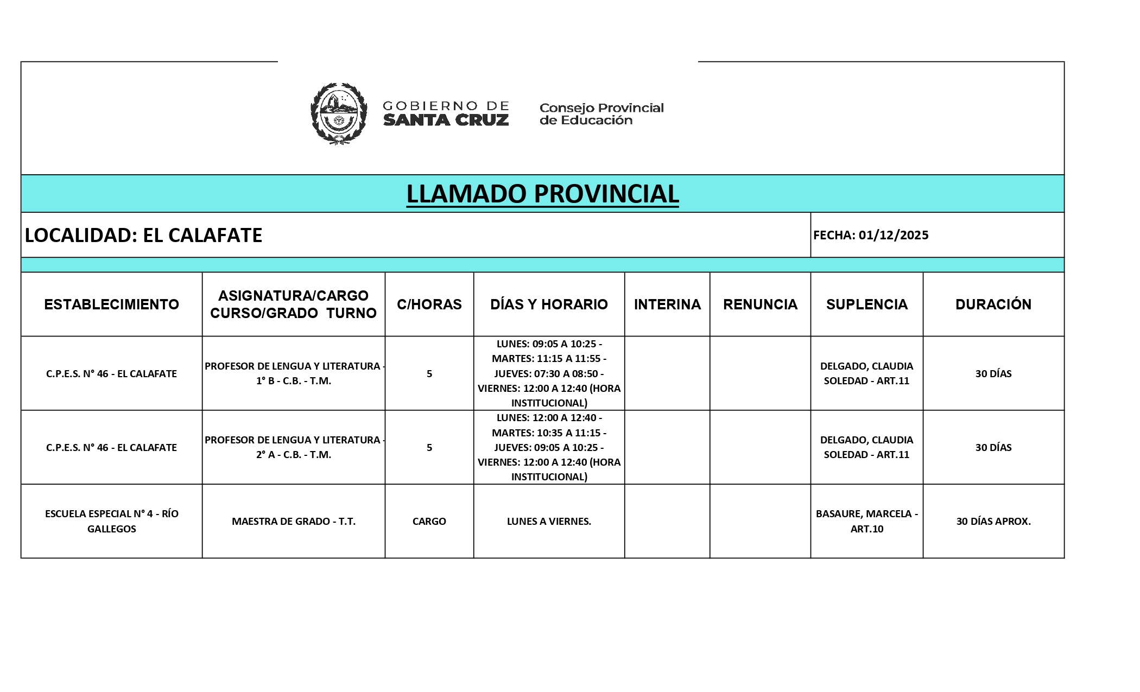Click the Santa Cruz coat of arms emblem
point(338,113)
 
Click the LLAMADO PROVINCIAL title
point(542,194)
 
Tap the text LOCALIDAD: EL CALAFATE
point(143,235)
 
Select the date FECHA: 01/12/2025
point(871,235)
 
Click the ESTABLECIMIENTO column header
point(111,304)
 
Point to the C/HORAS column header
point(429,304)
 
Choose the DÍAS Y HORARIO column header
point(549,304)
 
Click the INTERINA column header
point(667,304)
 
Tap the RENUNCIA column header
point(760,304)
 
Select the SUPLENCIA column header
point(866,304)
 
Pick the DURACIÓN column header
point(993,304)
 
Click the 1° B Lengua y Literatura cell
point(294,373)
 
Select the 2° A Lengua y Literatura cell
point(294,447)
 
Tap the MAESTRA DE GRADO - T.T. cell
point(294,521)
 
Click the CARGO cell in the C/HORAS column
point(429,521)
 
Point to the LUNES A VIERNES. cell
point(549,521)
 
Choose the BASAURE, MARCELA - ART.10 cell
point(866,521)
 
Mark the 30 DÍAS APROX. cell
point(993,521)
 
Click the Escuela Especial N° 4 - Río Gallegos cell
point(111,521)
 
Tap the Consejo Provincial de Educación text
point(601,114)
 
